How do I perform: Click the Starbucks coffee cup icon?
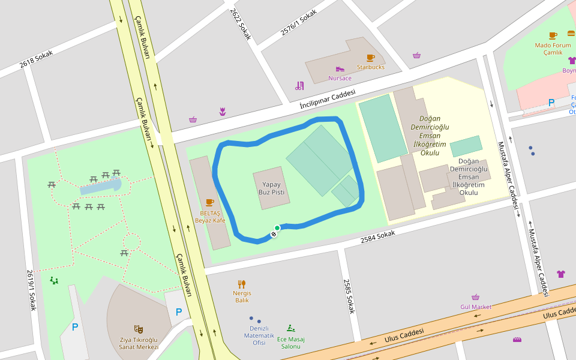point(370,58)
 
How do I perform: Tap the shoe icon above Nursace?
point(340,69)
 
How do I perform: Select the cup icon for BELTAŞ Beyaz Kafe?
point(209,202)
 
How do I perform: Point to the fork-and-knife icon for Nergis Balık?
point(242,284)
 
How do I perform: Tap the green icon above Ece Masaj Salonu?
point(291,328)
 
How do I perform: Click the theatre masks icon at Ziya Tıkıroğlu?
point(139,329)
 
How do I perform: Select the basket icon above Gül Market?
point(476,297)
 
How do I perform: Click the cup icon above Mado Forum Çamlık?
point(553,35)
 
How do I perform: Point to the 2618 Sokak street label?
point(36,59)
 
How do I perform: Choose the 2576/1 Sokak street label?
point(298,22)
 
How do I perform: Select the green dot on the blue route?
point(277,228)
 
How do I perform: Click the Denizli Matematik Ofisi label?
point(259,335)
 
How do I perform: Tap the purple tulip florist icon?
point(223,112)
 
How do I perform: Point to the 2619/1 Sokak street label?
point(31,289)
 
